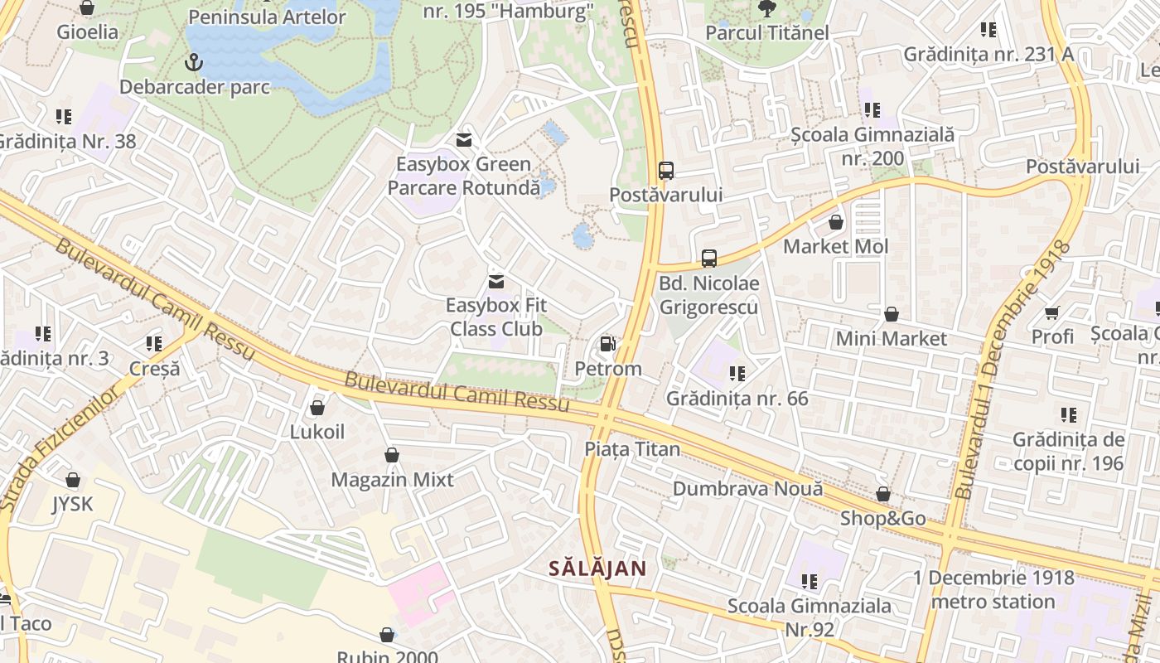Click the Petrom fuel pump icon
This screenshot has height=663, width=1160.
(607, 344)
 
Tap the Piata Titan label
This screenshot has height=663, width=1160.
(632, 449)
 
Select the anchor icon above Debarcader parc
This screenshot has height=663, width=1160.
(193, 62)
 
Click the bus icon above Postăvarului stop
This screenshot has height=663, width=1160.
(665, 171)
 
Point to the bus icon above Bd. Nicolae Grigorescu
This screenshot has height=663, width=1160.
(708, 259)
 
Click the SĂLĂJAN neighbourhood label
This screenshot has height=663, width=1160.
(597, 569)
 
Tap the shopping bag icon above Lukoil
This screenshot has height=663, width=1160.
(317, 408)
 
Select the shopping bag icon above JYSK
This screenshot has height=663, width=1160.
(73, 480)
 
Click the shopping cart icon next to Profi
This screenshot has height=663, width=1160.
(1052, 312)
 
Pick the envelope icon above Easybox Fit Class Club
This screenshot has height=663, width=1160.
(495, 282)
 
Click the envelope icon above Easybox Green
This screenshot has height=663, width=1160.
(463, 140)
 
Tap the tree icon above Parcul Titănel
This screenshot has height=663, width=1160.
(766, 8)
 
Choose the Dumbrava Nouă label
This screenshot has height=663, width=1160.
(747, 489)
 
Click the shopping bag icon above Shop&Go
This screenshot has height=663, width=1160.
(883, 495)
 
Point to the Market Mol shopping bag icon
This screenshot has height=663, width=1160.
(836, 222)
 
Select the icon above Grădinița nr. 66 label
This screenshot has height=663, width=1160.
(737, 374)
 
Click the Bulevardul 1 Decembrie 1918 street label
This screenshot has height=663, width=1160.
(1012, 370)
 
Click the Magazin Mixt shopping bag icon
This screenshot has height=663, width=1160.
(392, 455)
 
